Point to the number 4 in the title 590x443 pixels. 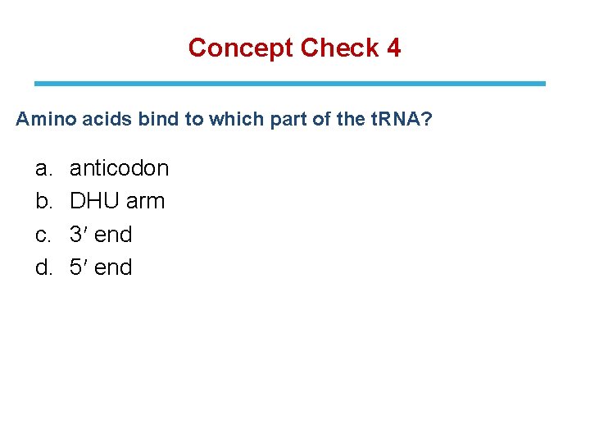coord(393,48)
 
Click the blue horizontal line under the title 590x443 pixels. coord(289,84)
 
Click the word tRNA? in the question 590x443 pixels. coord(397,120)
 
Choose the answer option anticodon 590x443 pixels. coord(119,168)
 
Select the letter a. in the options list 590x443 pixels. coord(43,168)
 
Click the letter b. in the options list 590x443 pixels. coord(43,201)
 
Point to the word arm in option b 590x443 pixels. coord(145,201)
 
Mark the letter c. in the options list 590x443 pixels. coord(43,235)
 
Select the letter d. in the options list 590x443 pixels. coord(43,267)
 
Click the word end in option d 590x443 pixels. coord(113,267)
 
